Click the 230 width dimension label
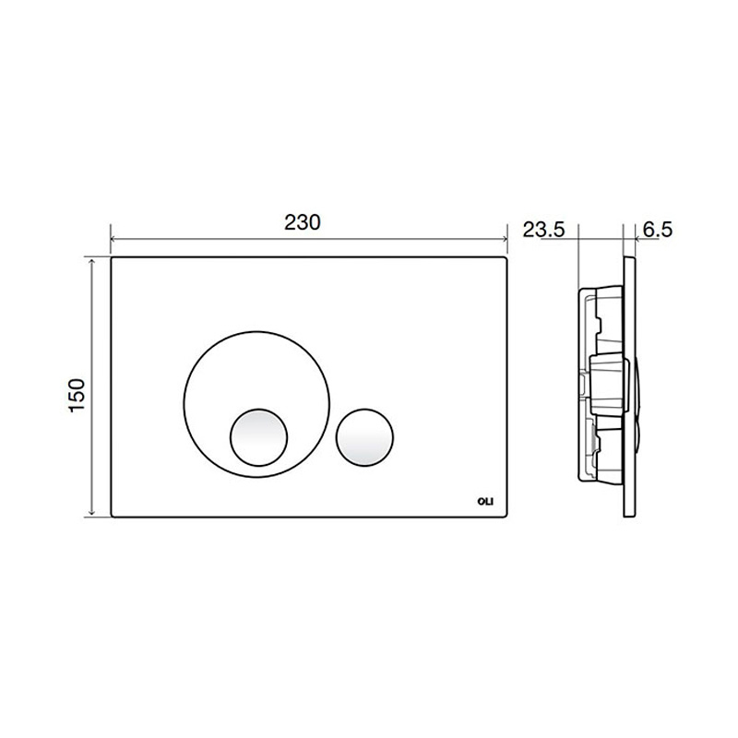(x=303, y=222)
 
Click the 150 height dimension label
(x=77, y=396)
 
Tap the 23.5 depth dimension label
(x=543, y=230)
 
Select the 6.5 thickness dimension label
(x=658, y=230)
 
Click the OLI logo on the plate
(x=485, y=502)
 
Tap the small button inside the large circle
(x=258, y=436)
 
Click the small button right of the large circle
(x=364, y=436)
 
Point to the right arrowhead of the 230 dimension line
(x=505, y=239)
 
